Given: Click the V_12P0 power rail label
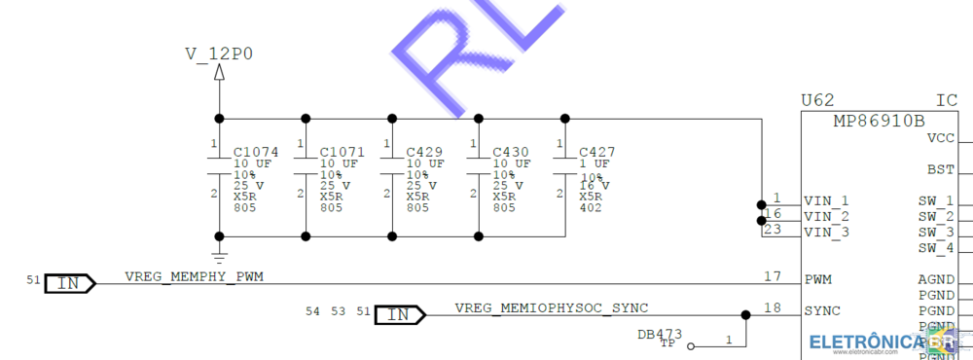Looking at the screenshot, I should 219,54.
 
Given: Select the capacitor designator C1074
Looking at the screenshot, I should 256,153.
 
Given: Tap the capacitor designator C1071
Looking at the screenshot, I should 342,153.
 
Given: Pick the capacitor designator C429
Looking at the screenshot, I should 424,153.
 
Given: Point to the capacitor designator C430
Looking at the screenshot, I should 511,153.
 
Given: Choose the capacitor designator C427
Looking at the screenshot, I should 596,153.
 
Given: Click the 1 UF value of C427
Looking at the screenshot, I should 595,163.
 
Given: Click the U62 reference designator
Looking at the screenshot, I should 817,100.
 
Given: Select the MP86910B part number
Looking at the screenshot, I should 879,122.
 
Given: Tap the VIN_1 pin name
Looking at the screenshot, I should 826,200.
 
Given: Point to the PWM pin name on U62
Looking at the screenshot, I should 817,279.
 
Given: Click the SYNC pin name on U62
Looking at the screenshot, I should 821,310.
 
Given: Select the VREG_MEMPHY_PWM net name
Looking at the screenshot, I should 194,277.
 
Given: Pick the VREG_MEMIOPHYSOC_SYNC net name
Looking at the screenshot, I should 551,308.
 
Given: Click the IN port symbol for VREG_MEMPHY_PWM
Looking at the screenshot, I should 70,283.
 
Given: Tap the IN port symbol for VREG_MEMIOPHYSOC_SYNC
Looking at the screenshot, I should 400,314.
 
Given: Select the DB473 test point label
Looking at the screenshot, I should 660,334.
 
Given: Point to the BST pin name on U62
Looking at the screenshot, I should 940,169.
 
